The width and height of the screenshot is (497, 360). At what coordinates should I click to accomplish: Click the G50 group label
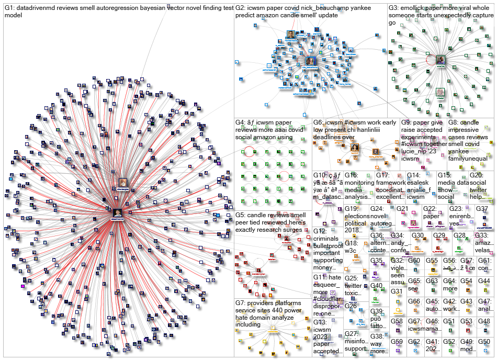[483, 342]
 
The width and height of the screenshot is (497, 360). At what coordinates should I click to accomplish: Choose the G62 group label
[414, 342]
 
